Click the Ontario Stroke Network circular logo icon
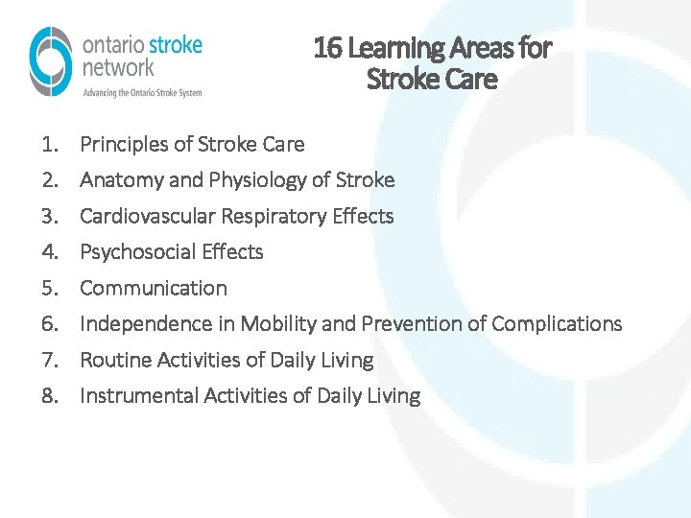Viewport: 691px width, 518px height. [x=51, y=61]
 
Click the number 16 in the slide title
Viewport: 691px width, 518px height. [x=328, y=48]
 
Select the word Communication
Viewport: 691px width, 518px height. [x=154, y=288]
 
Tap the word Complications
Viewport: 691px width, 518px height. [x=557, y=324]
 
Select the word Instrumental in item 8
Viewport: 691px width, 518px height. [x=139, y=396]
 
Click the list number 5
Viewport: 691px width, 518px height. [x=49, y=288]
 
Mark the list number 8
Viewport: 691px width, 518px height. [x=49, y=396]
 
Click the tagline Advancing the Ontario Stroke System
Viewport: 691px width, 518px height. [x=142, y=92]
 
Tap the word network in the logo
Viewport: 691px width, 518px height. [x=118, y=67]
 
